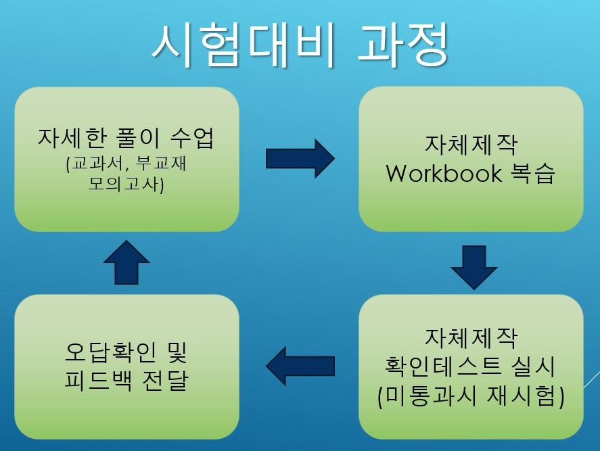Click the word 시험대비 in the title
(244, 45)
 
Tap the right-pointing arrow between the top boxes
(300, 158)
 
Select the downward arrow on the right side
(474, 267)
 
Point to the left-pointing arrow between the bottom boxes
(300, 366)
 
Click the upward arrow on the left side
(126, 262)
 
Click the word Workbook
(444, 173)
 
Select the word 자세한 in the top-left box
(72, 138)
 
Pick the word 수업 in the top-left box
(191, 138)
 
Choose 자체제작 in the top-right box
(471, 145)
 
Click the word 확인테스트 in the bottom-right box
(443, 365)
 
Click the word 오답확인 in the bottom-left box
(110, 352)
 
